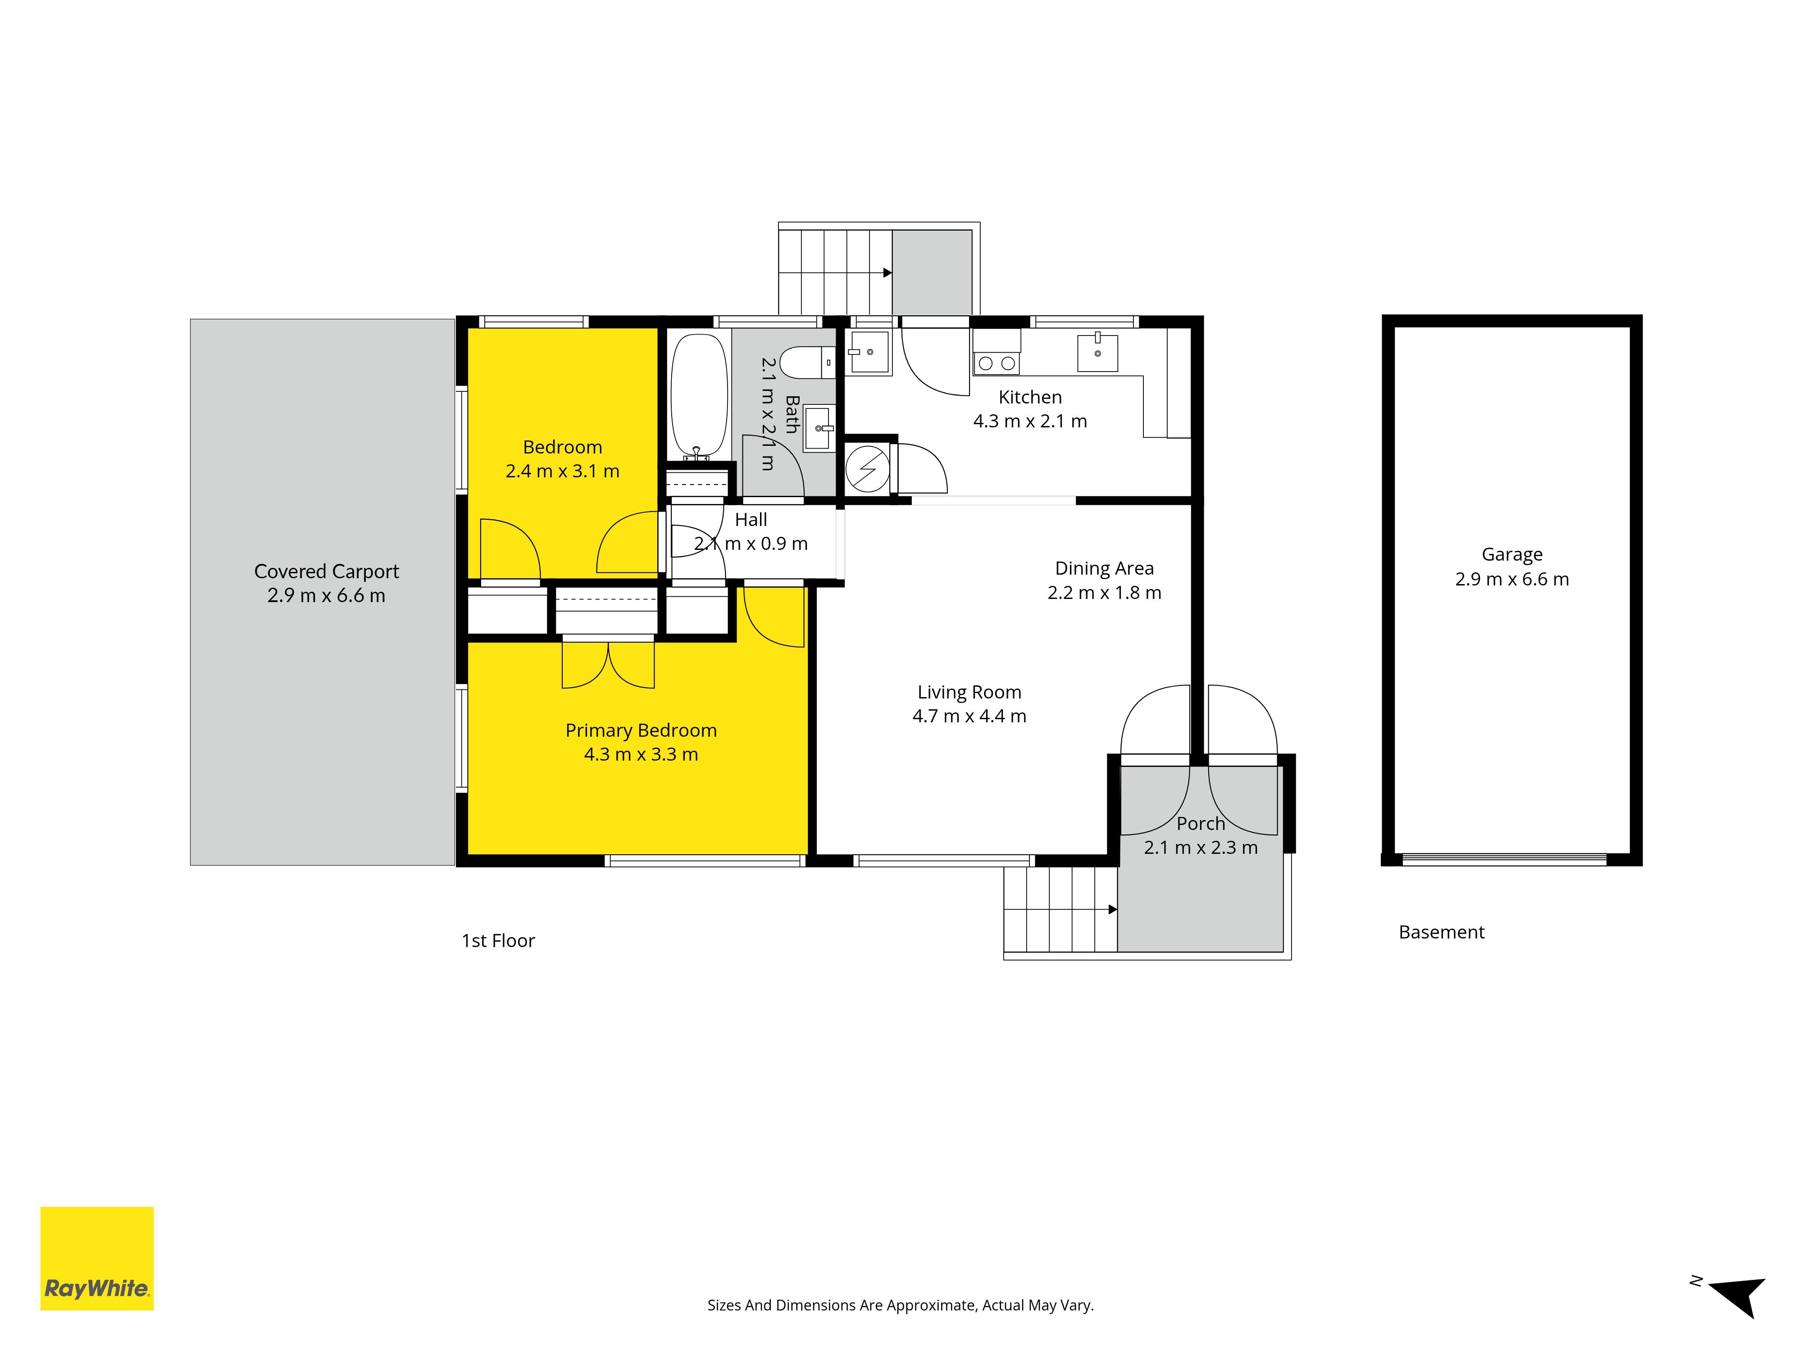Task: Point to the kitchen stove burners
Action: (x=997, y=363)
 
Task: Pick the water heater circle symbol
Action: (x=868, y=468)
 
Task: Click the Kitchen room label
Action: (x=1031, y=397)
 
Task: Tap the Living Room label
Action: (x=969, y=692)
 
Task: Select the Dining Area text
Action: (x=1105, y=568)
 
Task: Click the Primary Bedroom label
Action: (x=641, y=730)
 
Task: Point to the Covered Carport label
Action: (x=327, y=571)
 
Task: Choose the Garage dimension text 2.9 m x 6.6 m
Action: (x=1512, y=579)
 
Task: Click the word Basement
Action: (x=1442, y=933)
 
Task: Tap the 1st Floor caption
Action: (x=499, y=941)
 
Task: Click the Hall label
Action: (x=751, y=520)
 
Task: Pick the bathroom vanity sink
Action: (x=818, y=427)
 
